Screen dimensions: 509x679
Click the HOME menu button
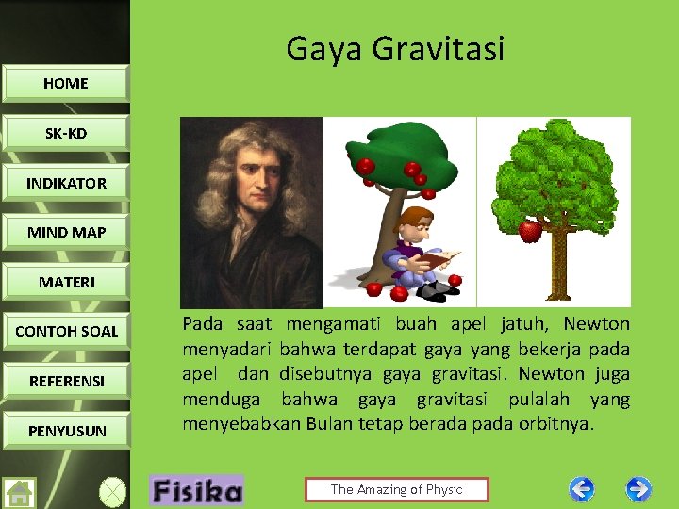[65, 83]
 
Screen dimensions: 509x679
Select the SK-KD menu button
[65, 133]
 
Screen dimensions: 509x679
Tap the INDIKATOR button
[66, 183]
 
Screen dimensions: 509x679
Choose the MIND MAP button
[66, 232]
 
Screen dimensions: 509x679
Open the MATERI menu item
[66, 282]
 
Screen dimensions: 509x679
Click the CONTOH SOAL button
[66, 331]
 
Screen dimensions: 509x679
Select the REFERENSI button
[66, 381]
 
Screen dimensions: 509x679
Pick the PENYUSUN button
[66, 431]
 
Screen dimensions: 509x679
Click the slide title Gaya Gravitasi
[395, 48]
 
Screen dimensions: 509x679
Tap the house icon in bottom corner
[20, 493]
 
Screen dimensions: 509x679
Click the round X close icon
[112, 493]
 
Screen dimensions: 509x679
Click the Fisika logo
[196, 490]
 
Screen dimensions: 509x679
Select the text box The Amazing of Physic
[396, 489]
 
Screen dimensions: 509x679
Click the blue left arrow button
[582, 489]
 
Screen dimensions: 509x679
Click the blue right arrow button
[638, 489]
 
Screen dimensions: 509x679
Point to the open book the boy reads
[437, 258]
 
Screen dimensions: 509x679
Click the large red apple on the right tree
[531, 230]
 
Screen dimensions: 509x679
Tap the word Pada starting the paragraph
[202, 324]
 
